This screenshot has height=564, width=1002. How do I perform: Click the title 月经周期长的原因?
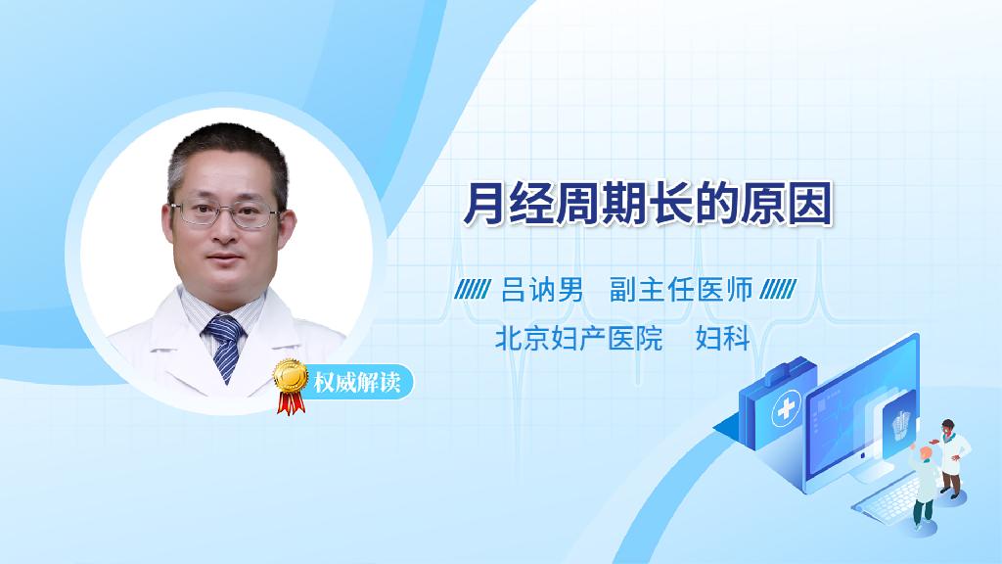pyautogui.click(x=648, y=204)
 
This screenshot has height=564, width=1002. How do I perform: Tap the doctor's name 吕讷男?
pyautogui.click(x=542, y=290)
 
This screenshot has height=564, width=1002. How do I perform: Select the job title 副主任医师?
pyautogui.click(x=681, y=290)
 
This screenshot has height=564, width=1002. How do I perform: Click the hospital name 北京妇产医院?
pyautogui.click(x=578, y=338)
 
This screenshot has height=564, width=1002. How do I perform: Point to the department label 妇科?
pyautogui.click(x=723, y=338)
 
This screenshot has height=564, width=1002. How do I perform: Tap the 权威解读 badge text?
pyautogui.click(x=357, y=383)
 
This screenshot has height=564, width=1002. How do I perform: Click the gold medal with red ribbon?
pyautogui.click(x=291, y=386)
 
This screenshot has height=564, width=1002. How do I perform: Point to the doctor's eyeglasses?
pyautogui.click(x=225, y=213)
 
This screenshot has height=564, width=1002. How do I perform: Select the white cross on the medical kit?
pyautogui.click(x=786, y=409)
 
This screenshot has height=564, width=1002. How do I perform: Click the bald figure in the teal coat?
pyautogui.click(x=924, y=485)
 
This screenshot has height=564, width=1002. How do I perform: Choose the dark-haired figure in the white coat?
pyautogui.click(x=953, y=458)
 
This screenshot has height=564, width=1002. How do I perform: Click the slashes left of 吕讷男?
pyautogui.click(x=473, y=290)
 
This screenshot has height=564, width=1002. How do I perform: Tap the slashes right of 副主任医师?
pyautogui.click(x=778, y=290)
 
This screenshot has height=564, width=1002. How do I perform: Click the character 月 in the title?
pyautogui.click(x=483, y=204)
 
